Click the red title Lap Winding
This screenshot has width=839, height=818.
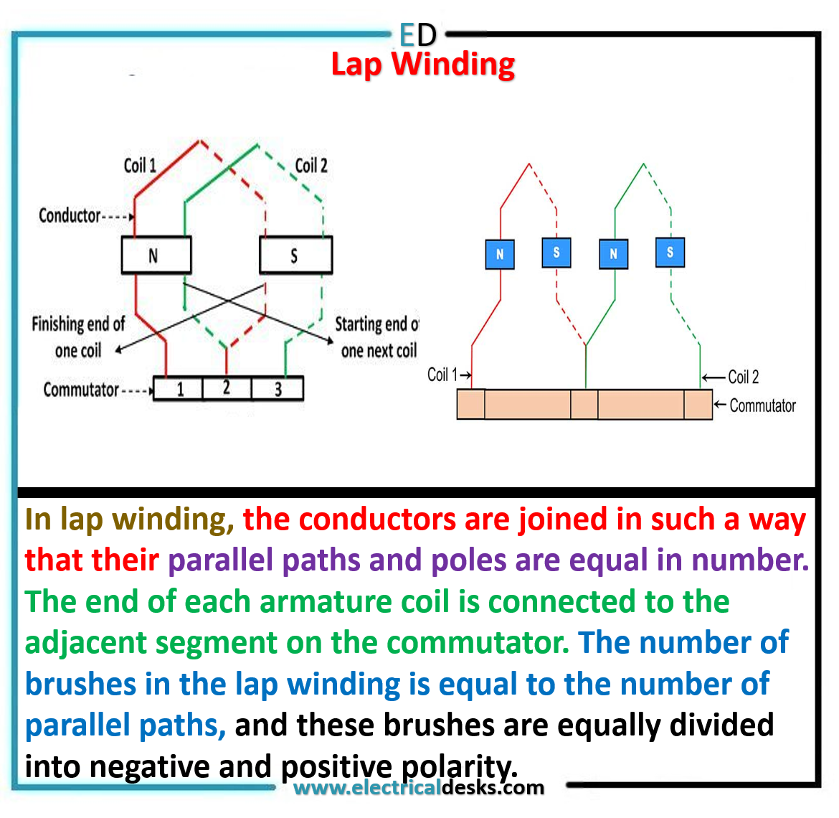(423, 65)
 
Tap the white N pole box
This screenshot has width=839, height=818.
(156, 255)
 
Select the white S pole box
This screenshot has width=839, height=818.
(295, 255)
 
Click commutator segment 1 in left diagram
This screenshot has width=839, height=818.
(179, 389)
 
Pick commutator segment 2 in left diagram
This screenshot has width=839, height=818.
(227, 389)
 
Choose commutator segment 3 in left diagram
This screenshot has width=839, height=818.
(278, 389)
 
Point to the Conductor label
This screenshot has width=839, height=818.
(70, 215)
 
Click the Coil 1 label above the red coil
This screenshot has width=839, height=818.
(140, 166)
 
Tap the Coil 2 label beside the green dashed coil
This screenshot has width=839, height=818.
(311, 166)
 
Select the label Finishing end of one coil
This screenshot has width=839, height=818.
(77, 337)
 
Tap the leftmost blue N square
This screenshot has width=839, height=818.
(500, 254)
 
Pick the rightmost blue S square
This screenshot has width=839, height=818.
(670, 253)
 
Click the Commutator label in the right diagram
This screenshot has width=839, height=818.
(762, 406)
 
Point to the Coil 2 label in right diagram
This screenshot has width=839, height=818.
(743, 377)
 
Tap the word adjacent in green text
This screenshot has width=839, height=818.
(86, 643)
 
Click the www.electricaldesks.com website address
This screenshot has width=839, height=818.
(419, 788)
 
